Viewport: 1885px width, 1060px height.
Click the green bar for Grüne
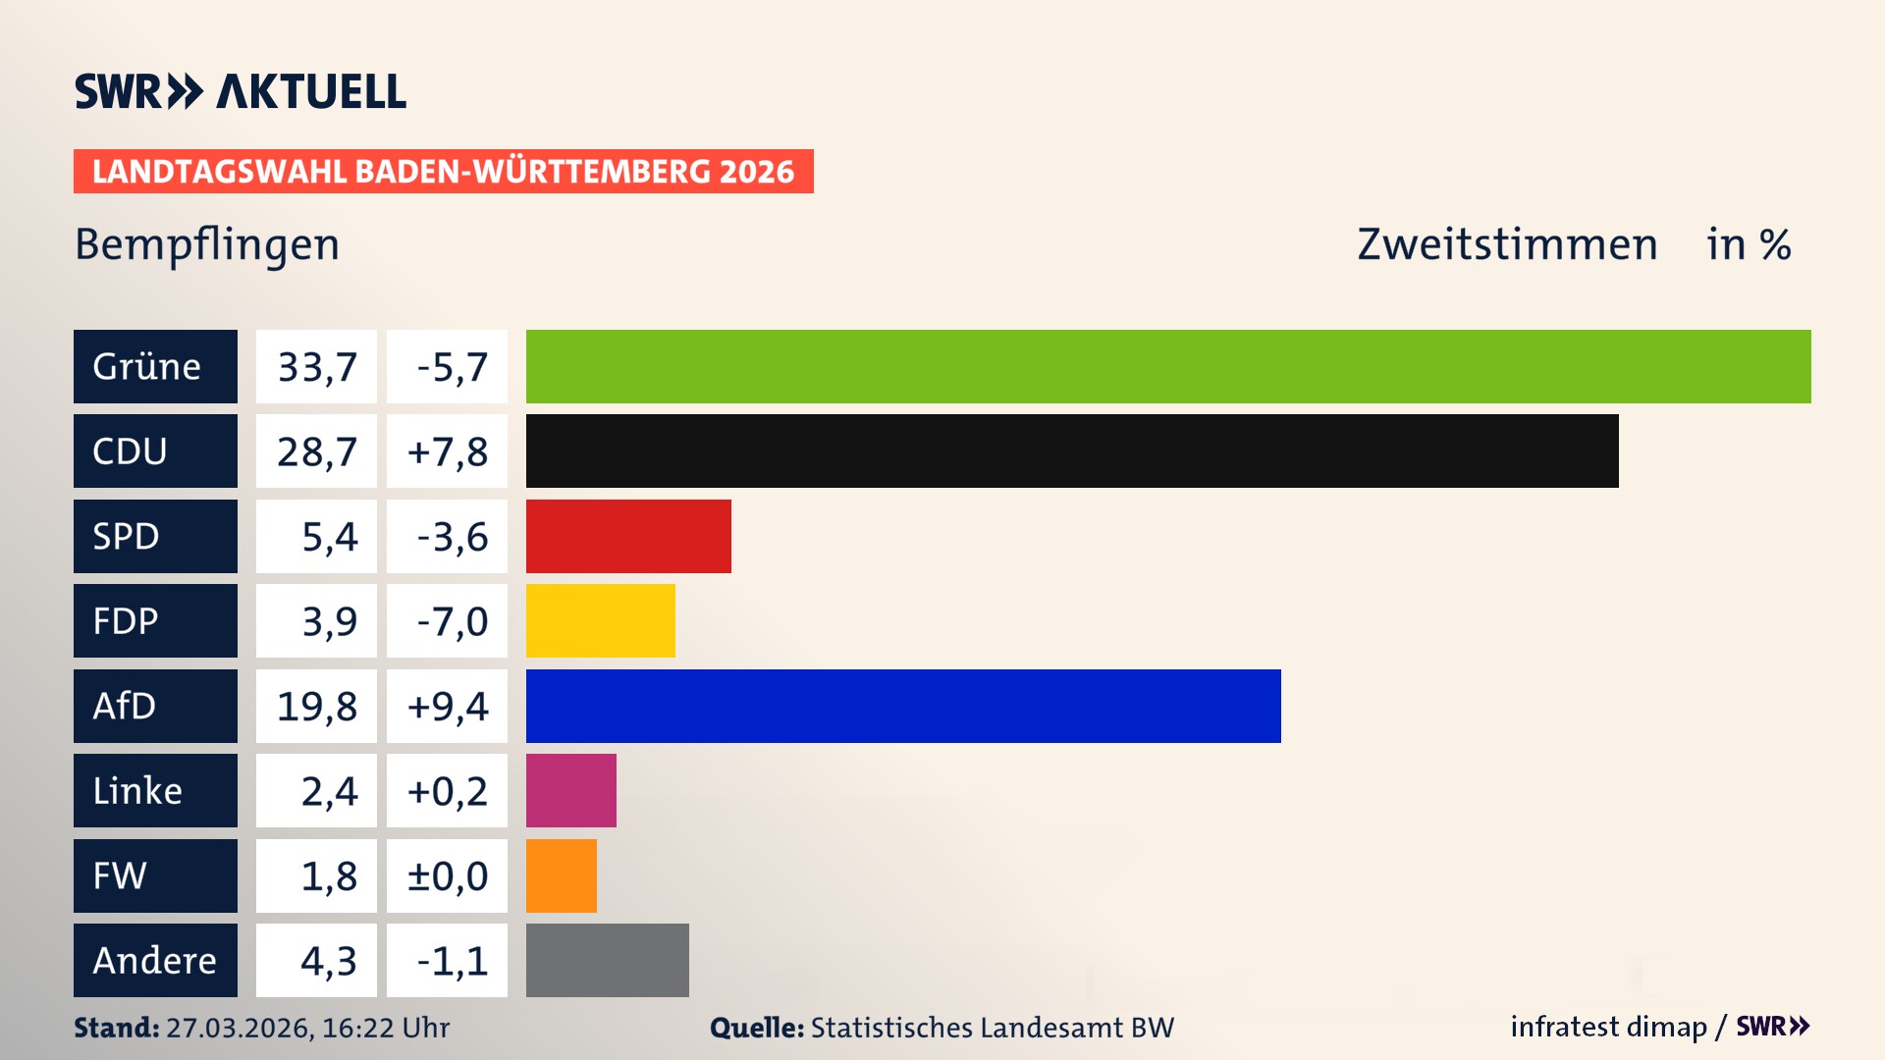click(1168, 366)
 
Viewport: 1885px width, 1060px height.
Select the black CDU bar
click(1072, 451)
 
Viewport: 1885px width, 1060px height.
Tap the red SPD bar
click(628, 536)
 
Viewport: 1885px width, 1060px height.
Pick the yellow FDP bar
click(600, 620)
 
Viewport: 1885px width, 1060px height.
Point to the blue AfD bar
click(903, 706)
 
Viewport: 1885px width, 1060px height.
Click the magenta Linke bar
click(570, 790)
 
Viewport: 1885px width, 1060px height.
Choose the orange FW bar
click(561, 875)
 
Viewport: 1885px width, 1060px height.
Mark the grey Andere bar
click(607, 960)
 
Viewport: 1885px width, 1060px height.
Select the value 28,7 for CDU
click(316, 451)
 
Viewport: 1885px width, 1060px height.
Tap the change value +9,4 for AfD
click(447, 706)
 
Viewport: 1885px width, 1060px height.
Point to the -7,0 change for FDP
click(447, 620)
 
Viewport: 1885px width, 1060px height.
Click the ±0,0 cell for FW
click(447, 875)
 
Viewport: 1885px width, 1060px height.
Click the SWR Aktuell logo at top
click(240, 91)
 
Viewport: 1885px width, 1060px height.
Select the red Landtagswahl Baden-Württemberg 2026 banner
click(443, 171)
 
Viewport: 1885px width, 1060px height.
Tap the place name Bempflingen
click(207, 244)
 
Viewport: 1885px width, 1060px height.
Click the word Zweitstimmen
click(1507, 244)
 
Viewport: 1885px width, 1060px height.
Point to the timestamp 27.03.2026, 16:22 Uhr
click(306, 1028)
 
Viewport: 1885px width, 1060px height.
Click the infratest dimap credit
click(1608, 1027)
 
